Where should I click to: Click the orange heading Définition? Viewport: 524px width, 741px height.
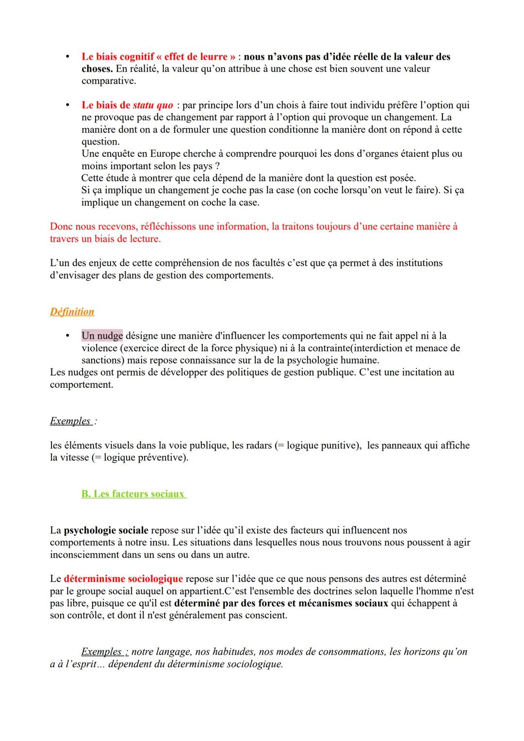72,312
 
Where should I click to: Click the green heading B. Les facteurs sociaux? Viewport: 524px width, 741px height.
133,494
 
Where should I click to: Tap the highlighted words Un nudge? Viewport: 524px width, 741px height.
102,336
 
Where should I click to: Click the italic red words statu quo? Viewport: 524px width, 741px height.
153,105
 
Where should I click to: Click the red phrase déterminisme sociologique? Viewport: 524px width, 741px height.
123,579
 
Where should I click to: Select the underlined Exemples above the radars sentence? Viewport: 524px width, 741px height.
70,421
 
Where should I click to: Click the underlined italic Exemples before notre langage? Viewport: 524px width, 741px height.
101,652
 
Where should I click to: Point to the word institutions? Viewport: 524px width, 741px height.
419,263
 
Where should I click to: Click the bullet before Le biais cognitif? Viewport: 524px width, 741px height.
68,57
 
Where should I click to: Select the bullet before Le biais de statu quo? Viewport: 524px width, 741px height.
68,105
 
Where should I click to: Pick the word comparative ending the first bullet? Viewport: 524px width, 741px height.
108,81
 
